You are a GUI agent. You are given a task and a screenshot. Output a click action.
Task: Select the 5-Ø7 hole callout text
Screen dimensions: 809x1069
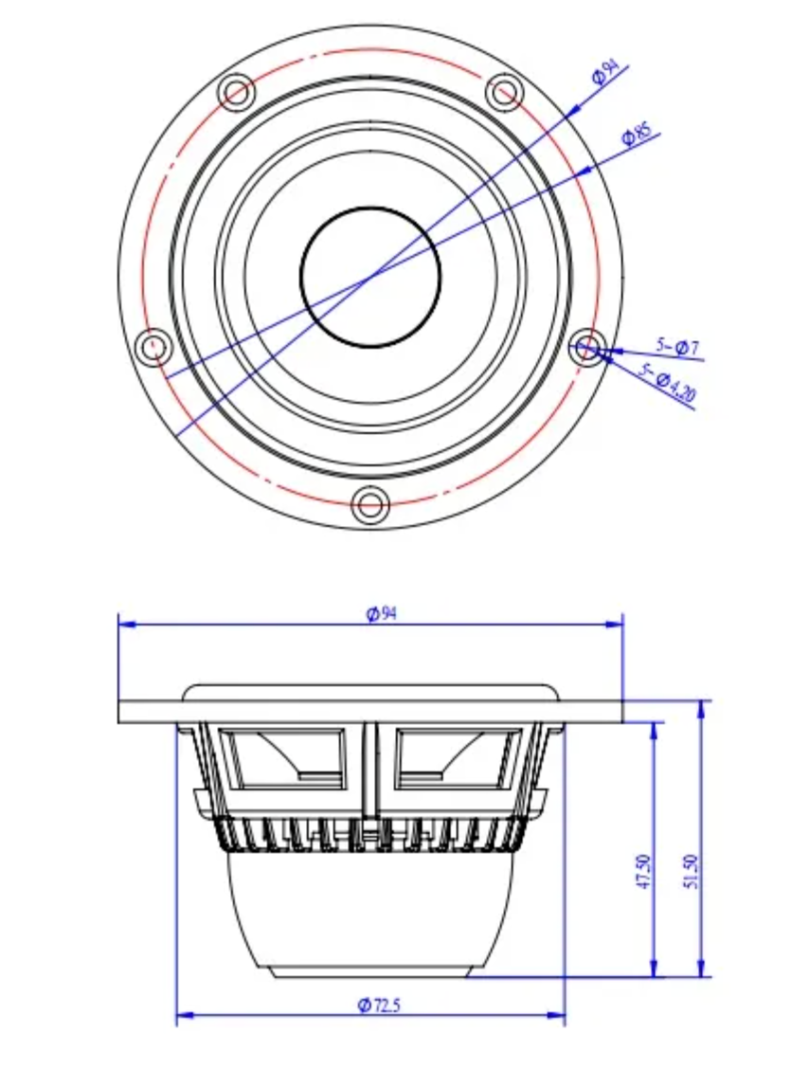(x=678, y=347)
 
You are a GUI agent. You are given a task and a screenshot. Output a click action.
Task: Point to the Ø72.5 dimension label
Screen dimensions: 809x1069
(x=379, y=1005)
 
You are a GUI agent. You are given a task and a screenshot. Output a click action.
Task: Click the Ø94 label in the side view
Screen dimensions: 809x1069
(x=382, y=613)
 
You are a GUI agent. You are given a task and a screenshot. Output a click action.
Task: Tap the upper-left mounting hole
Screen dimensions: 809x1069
(x=236, y=91)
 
